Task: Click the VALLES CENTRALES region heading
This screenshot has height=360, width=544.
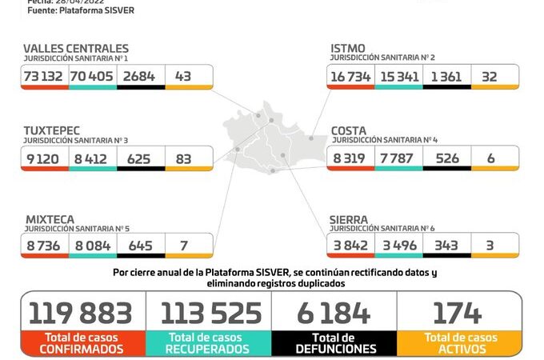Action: point(75,49)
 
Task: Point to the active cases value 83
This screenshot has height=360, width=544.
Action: point(183,158)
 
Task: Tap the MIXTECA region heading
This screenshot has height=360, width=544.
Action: point(50,218)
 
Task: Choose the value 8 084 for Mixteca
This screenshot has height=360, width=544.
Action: point(93,245)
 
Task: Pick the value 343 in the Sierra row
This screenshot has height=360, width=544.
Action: point(446,245)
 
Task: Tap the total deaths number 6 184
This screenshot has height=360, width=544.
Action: point(335,312)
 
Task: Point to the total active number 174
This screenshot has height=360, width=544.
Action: point(458,312)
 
